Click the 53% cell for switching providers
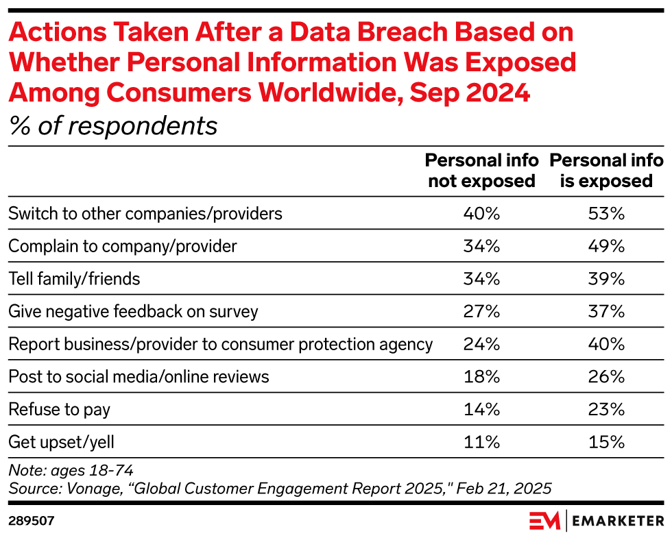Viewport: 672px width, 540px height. (x=606, y=213)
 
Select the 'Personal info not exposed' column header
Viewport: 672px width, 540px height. (x=480, y=171)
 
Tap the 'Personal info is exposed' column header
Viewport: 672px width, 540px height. (x=606, y=171)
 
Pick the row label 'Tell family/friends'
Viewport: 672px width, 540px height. (x=74, y=279)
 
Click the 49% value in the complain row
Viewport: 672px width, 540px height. (x=606, y=246)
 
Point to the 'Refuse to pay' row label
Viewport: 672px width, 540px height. (x=59, y=410)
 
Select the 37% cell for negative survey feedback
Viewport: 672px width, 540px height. (x=606, y=312)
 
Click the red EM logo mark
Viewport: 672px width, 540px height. (x=544, y=521)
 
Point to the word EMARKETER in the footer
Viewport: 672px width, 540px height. (x=617, y=521)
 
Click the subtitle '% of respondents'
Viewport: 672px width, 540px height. (x=112, y=126)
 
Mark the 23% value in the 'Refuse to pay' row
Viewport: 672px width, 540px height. (x=606, y=410)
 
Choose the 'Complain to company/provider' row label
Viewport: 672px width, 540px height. (x=122, y=246)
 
